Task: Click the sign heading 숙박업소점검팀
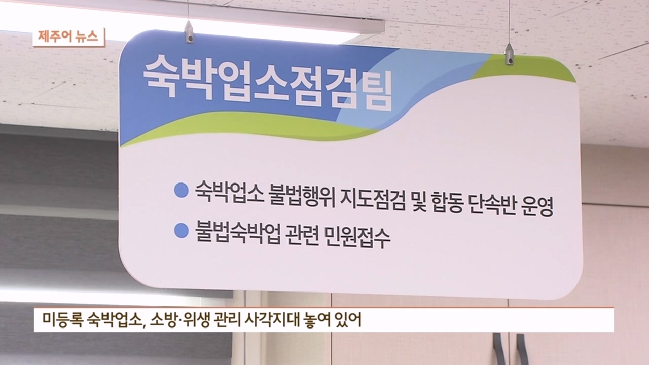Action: coord(267,85)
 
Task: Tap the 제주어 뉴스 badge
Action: coord(69,38)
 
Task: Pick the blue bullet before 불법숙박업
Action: coord(181,231)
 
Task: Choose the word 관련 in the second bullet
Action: coord(303,238)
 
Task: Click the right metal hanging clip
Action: coord(509,54)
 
